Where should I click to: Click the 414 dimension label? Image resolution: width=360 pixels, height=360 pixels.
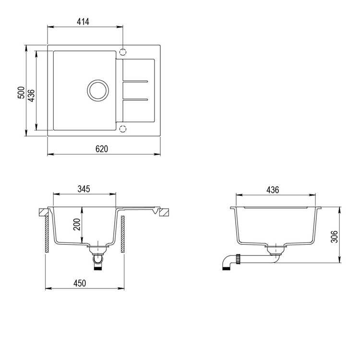[83, 22]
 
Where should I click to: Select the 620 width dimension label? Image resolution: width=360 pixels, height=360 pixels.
[102, 149]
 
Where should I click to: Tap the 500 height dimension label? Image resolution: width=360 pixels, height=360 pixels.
[21, 93]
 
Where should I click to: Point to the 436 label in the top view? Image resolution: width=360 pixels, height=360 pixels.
[31, 96]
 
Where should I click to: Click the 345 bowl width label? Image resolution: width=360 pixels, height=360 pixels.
[84, 189]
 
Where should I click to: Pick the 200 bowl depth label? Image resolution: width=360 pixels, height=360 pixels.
[77, 224]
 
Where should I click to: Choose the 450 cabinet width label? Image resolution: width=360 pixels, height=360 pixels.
[80, 283]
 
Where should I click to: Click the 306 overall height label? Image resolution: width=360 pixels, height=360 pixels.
[335, 237]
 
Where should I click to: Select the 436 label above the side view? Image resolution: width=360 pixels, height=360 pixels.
[273, 190]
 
